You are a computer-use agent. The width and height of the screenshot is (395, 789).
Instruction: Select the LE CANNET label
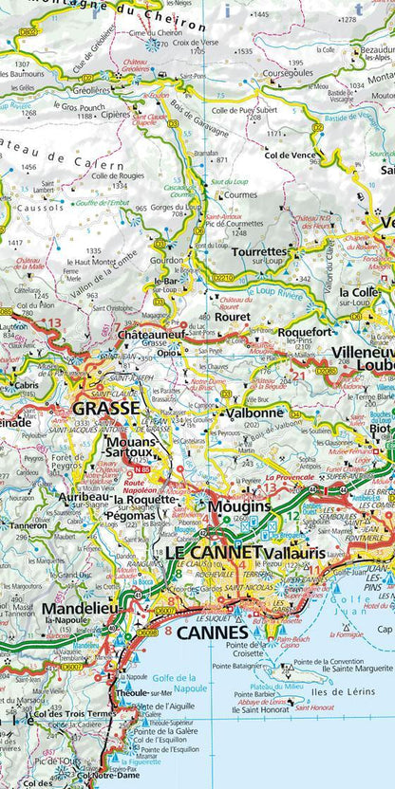point(213,551)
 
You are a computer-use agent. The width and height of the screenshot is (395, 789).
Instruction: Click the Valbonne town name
point(255,413)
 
